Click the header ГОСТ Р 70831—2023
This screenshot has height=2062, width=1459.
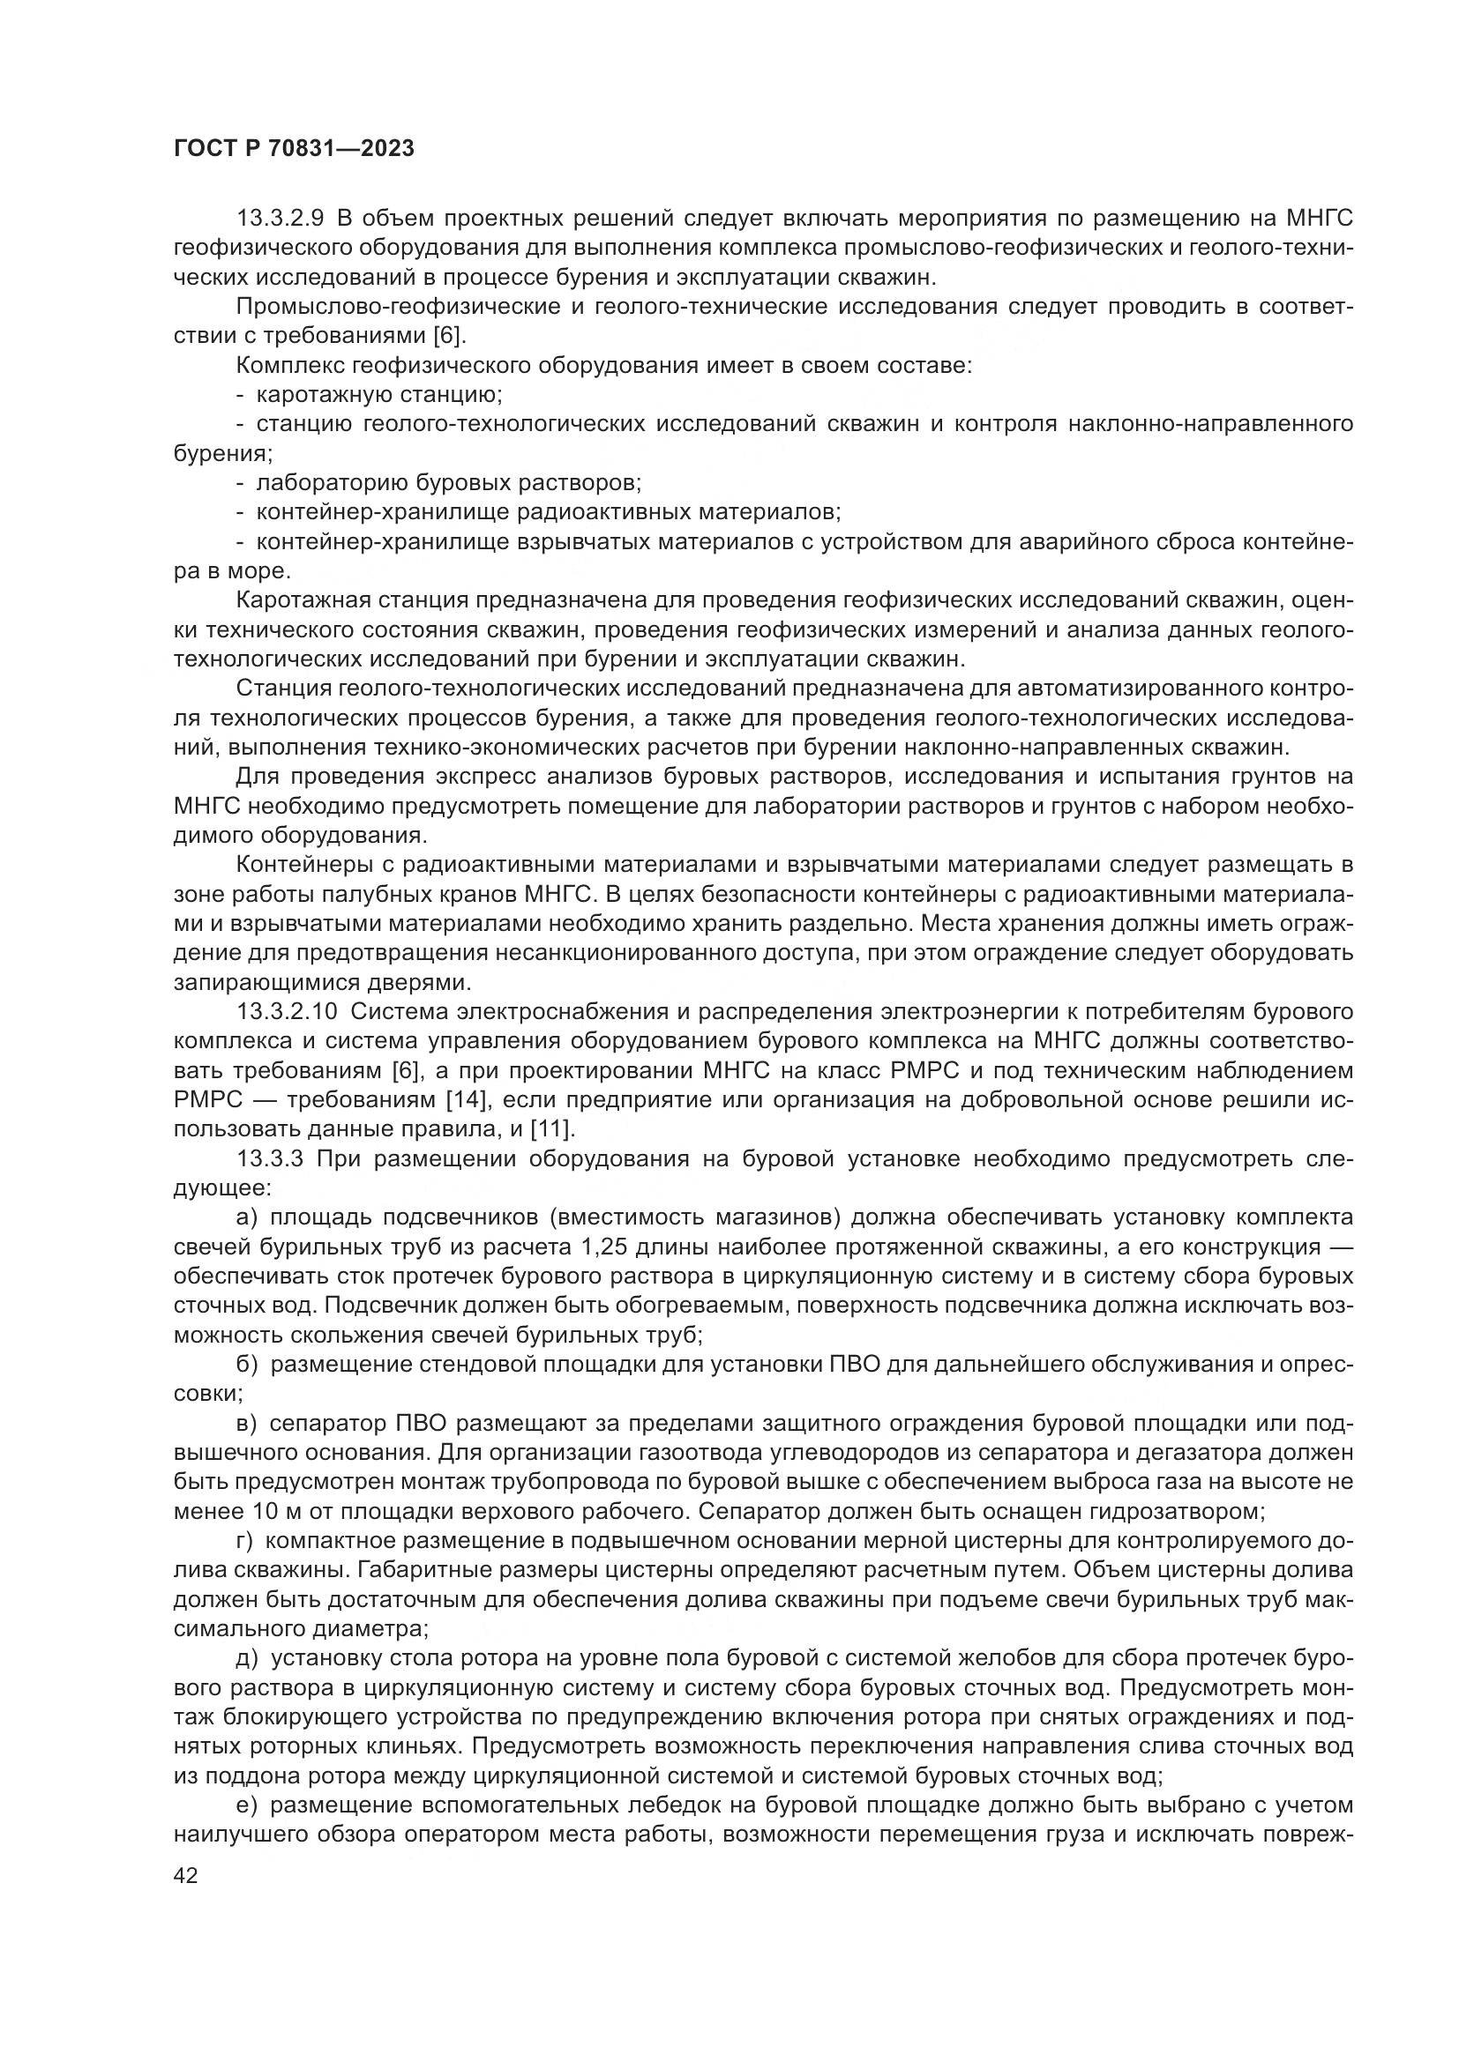tap(294, 149)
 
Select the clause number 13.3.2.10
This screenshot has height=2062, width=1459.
tap(286, 1012)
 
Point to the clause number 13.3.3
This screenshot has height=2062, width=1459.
tap(269, 1158)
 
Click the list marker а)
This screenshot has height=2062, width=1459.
tap(246, 1217)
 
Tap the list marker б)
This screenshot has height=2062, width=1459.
tap(246, 1364)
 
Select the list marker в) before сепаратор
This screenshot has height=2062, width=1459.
tap(246, 1424)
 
